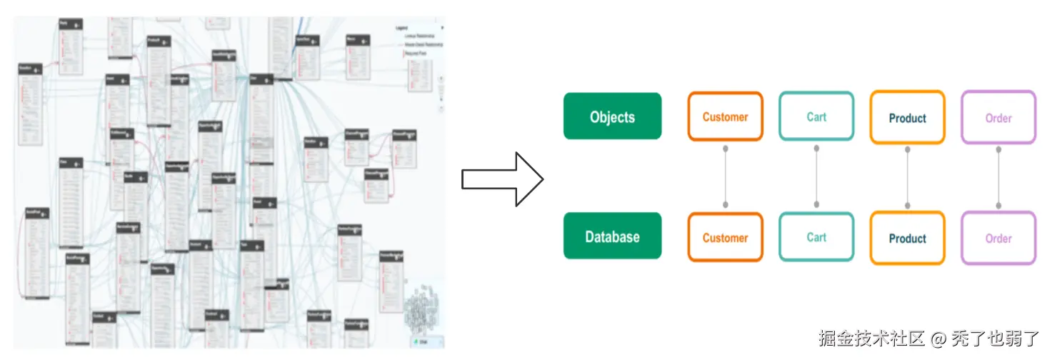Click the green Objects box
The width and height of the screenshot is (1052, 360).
pos(612,116)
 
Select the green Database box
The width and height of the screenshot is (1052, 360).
pos(612,236)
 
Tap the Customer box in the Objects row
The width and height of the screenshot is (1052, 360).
pos(725,116)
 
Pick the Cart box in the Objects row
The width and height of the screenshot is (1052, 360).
pos(816,116)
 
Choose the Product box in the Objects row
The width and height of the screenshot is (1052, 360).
pos(907,118)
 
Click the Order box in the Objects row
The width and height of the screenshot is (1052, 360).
pos(998,118)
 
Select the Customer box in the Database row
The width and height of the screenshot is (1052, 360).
pos(725,237)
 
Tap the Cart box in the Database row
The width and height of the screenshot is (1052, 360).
pos(816,237)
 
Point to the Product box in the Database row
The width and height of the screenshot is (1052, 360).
pos(907,239)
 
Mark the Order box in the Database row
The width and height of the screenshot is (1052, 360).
pos(998,239)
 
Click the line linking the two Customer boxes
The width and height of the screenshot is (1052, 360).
pos(726,176)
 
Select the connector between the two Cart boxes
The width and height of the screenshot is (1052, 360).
pos(816,176)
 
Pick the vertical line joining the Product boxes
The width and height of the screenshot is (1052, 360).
pos(908,177)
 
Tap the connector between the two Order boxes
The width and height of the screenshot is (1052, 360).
pos(998,177)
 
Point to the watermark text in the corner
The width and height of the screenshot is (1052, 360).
pos(929,338)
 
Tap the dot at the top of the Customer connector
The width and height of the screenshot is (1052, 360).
pos(726,149)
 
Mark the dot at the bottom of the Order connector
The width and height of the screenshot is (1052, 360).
pos(998,206)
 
